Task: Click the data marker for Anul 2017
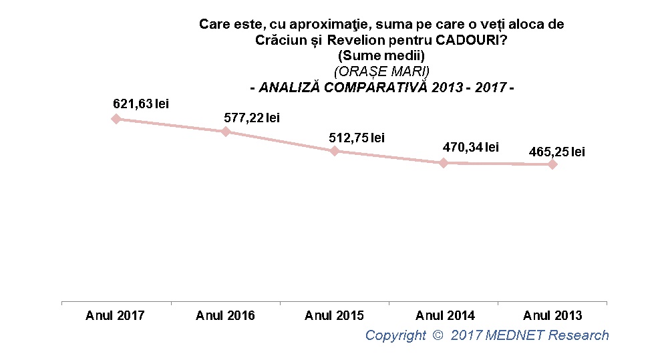click(x=116, y=118)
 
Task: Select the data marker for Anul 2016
click(x=226, y=131)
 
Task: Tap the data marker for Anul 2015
click(x=335, y=151)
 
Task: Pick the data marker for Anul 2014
click(x=444, y=162)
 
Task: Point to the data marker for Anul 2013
click(x=552, y=164)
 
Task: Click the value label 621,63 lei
click(x=140, y=104)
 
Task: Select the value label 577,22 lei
click(x=251, y=118)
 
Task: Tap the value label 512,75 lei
click(x=357, y=138)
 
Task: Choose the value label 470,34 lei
click(x=471, y=147)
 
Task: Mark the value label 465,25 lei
click(x=556, y=152)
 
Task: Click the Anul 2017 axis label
click(x=115, y=315)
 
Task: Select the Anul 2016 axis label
click(x=225, y=315)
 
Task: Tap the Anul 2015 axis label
click(x=334, y=315)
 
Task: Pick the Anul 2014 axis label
click(x=445, y=315)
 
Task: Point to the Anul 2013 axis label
click(x=552, y=315)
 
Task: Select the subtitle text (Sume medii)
click(x=381, y=55)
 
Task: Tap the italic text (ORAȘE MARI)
click(x=381, y=71)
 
